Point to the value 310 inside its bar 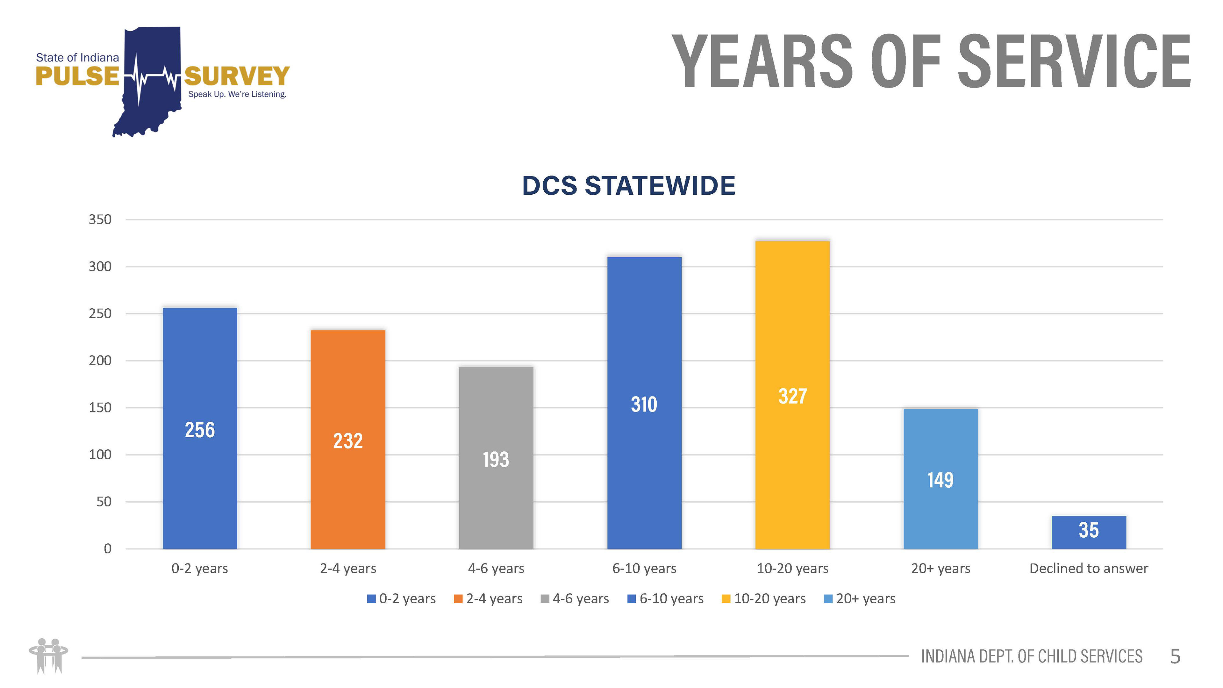pyautogui.click(x=644, y=405)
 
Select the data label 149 pyautogui.click(x=940, y=480)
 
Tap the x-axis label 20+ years pyautogui.click(x=940, y=568)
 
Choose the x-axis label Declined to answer pyautogui.click(x=1088, y=568)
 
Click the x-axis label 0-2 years pyautogui.click(x=200, y=568)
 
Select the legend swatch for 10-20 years pyautogui.click(x=726, y=599)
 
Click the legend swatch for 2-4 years pyautogui.click(x=458, y=599)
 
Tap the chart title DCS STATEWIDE pyautogui.click(x=629, y=186)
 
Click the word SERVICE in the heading pyautogui.click(x=1074, y=62)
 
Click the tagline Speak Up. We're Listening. pyautogui.click(x=237, y=95)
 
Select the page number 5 pyautogui.click(x=1175, y=657)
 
